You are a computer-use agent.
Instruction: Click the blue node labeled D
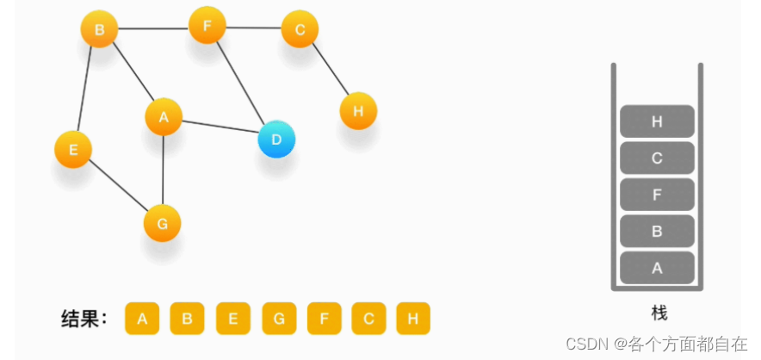click(x=276, y=139)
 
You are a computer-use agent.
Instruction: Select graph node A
click(x=164, y=117)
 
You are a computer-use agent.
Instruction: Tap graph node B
click(x=99, y=30)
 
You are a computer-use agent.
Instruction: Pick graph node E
click(x=73, y=149)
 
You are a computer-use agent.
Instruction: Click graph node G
click(x=162, y=223)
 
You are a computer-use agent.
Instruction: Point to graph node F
click(x=207, y=26)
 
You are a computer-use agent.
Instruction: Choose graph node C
click(x=300, y=30)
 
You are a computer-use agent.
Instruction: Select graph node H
click(x=358, y=111)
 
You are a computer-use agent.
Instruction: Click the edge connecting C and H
click(x=329, y=70)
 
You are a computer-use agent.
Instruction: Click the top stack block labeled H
click(x=657, y=121)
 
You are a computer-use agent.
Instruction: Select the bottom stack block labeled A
click(x=657, y=268)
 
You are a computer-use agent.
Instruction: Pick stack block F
click(x=657, y=195)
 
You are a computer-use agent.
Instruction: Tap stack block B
click(x=657, y=231)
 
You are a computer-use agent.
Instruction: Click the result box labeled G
click(x=279, y=319)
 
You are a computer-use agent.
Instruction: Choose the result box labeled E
click(x=233, y=319)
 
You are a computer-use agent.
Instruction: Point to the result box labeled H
click(x=413, y=319)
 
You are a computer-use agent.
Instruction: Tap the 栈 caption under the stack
click(x=659, y=313)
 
